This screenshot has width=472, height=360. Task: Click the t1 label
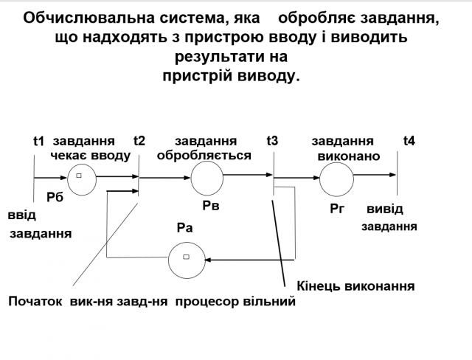tap(39, 141)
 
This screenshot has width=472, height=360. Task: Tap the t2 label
tap(139, 141)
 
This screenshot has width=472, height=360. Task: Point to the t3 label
tap(272, 141)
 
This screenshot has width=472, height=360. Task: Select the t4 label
tap(409, 141)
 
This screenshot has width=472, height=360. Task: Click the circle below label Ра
tap(186, 259)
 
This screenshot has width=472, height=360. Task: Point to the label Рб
tap(55, 197)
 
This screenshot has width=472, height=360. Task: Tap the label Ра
tap(184, 228)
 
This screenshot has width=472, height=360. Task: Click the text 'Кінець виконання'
tap(355, 285)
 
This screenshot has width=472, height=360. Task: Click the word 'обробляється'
tap(204, 156)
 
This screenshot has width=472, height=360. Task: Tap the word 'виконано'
tap(349, 156)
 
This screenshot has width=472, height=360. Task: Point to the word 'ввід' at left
tap(21, 215)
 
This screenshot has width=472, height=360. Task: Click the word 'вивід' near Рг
tap(385, 210)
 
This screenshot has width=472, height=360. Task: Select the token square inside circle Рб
tap(79, 176)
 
